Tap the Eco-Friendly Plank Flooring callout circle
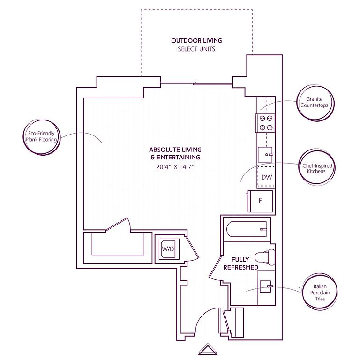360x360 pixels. point(24,137)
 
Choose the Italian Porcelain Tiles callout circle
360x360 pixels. point(303,292)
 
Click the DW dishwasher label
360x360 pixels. point(267,177)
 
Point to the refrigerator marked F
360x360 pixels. point(261,201)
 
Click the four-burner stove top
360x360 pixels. point(265,123)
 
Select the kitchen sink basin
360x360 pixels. point(265,155)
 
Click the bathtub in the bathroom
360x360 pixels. point(247,229)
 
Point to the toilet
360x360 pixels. point(265,257)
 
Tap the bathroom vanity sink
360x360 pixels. point(265,286)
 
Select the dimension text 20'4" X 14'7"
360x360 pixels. point(175,167)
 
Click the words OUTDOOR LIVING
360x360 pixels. point(196,41)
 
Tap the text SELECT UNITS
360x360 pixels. point(196,49)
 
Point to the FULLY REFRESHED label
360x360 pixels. point(240,263)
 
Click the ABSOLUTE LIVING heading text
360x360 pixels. point(175,150)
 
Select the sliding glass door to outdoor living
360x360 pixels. point(196,83)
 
